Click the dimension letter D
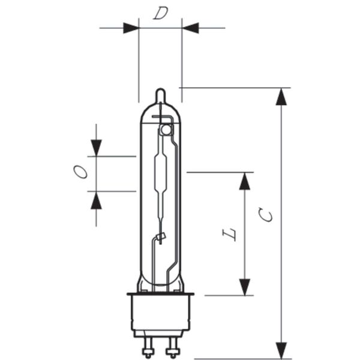pyautogui.click(x=161, y=13)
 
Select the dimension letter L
pyautogui.click(x=229, y=234)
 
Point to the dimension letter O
pyautogui.click(x=80, y=172)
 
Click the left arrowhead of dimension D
pyautogui.click(x=131, y=28)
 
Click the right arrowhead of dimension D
pyautogui.click(x=190, y=28)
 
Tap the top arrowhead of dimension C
pyautogui.click(x=281, y=97)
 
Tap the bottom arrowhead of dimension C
pyautogui.click(x=281, y=350)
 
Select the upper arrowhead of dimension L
pyautogui.click(x=245, y=181)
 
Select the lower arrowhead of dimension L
pyautogui.click(x=245, y=287)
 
